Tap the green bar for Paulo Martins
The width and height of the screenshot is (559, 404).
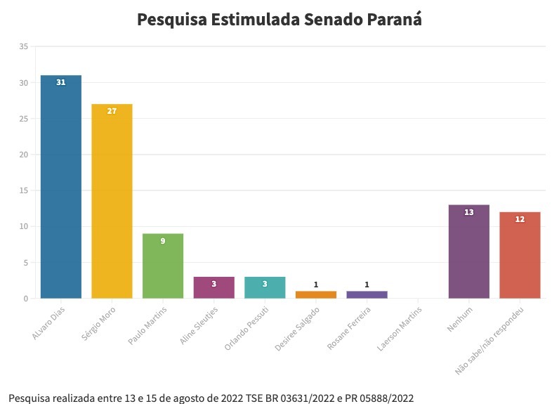pos(163,266)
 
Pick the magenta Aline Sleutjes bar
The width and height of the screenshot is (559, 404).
pos(213,288)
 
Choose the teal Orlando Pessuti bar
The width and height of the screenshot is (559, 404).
pos(265,288)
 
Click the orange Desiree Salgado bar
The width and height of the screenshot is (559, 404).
pos(316,294)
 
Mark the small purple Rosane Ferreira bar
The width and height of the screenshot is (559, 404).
pos(367,294)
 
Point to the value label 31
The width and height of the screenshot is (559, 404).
pos(61,83)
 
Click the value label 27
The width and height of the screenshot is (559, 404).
pos(112,112)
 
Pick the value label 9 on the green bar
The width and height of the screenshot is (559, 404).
pos(163,241)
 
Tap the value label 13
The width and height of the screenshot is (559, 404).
pos(468,212)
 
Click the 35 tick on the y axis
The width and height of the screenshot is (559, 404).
pos(23,47)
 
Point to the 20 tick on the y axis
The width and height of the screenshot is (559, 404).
pos(23,155)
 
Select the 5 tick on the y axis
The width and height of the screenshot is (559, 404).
pos(25,263)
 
